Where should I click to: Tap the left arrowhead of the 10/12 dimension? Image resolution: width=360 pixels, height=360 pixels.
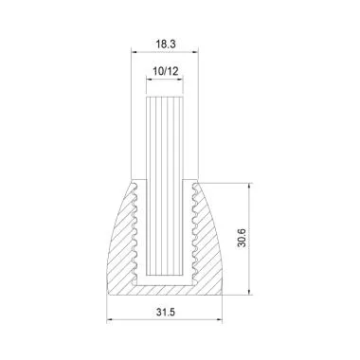pos(148,83)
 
